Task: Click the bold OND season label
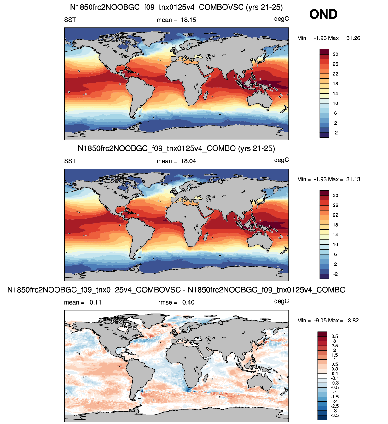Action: [x=323, y=15]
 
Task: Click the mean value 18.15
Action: [x=188, y=20]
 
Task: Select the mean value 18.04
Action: [x=188, y=161]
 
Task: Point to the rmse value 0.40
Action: [x=188, y=302]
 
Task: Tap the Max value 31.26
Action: [x=353, y=38]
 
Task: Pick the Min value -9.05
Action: [x=320, y=320]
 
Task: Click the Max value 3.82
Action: [x=353, y=320]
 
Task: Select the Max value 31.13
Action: [x=353, y=179]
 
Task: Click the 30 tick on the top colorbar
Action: [x=335, y=54]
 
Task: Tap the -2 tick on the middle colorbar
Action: [x=335, y=274]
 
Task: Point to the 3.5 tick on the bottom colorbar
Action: [x=334, y=336]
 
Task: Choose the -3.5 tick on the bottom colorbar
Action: [x=334, y=415]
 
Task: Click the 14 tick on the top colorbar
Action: [x=335, y=94]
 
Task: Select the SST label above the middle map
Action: [x=70, y=161]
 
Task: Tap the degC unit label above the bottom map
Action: [x=281, y=301]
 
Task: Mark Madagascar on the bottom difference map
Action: [x=205, y=377]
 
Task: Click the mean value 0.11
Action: [x=95, y=302]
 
